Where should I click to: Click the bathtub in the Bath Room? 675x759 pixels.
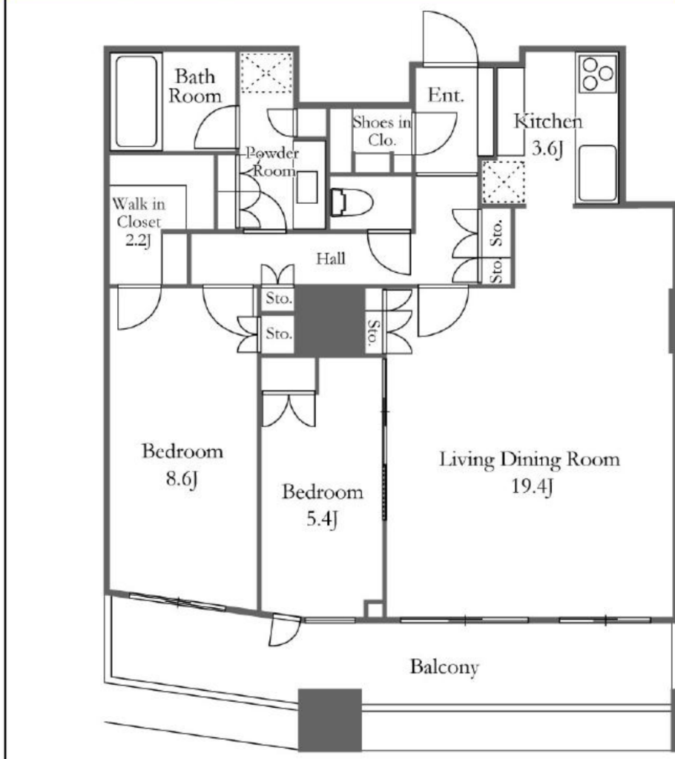(136, 102)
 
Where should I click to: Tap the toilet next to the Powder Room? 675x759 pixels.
(352, 202)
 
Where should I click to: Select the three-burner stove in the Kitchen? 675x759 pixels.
(597, 74)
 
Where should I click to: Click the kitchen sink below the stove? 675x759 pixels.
(597, 173)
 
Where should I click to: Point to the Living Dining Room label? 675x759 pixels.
(529, 460)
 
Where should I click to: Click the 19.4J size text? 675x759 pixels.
(532, 486)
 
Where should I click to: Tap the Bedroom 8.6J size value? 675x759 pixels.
(182, 479)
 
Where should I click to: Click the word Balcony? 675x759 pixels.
(444, 667)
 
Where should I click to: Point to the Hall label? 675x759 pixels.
(331, 259)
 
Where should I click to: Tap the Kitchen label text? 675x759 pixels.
(548, 121)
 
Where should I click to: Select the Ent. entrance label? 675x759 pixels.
(446, 95)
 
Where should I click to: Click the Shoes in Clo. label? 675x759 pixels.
(381, 130)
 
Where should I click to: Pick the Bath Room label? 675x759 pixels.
(195, 86)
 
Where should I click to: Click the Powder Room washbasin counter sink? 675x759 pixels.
(307, 187)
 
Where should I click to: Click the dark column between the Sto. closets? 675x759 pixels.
(330, 321)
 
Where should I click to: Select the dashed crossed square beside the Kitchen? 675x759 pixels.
(504, 182)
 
